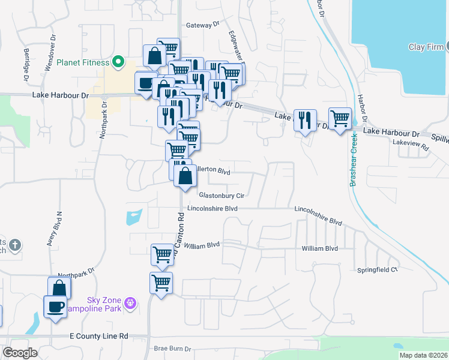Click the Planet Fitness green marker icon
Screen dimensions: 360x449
pyautogui.click(x=119, y=61)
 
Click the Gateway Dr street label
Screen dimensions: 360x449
pyautogui.click(x=203, y=25)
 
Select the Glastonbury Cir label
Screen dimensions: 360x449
pyautogui.click(x=221, y=196)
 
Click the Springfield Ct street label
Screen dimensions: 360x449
pyautogui.click(x=378, y=270)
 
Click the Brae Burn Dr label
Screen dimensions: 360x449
pyautogui.click(x=172, y=349)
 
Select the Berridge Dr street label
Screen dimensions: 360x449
pyautogui.click(x=26, y=66)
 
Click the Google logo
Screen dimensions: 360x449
pyautogui.click(x=20, y=353)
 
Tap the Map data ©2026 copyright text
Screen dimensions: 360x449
pyautogui.click(x=423, y=355)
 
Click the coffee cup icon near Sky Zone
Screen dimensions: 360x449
pyautogui.click(x=56, y=307)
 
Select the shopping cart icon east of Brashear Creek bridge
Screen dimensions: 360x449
pyautogui.click(x=340, y=119)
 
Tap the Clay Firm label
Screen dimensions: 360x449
pyautogui.click(x=426, y=47)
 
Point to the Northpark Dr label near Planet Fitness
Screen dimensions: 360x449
pyautogui.click(x=104, y=119)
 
